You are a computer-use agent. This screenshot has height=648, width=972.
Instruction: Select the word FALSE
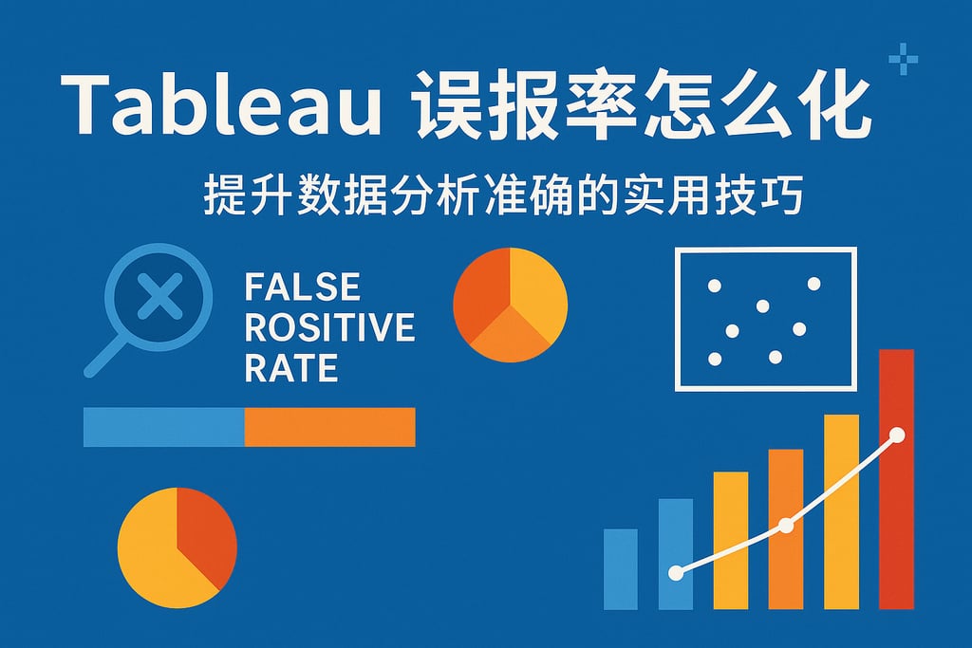click(x=302, y=287)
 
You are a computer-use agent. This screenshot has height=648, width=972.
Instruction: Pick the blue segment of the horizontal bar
click(x=163, y=427)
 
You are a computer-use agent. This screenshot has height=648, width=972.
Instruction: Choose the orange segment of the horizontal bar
click(x=329, y=427)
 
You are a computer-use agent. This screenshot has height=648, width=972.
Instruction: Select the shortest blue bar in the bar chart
click(x=620, y=569)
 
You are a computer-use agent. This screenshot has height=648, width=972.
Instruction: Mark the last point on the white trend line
click(x=897, y=435)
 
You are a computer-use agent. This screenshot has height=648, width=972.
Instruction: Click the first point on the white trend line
click(x=675, y=572)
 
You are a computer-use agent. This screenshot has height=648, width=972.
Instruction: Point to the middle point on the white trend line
click(x=785, y=526)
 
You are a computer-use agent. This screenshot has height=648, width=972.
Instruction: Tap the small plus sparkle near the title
click(x=903, y=61)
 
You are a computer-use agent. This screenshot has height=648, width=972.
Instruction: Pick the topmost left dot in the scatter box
click(x=715, y=286)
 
